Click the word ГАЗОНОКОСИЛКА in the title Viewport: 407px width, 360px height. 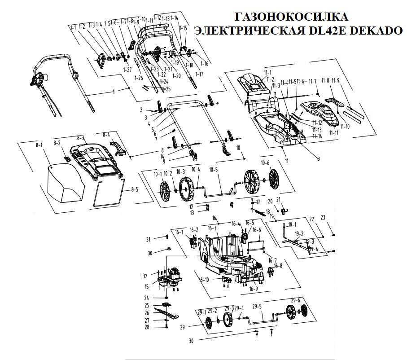(x=291, y=17)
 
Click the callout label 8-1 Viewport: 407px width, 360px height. (x=39, y=145)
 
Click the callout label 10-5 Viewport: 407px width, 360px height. (x=213, y=170)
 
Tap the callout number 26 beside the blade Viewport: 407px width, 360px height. (x=146, y=313)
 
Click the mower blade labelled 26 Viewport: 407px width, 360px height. (x=168, y=311)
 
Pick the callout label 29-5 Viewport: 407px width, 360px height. (x=258, y=307)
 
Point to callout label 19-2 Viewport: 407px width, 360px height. (x=299, y=233)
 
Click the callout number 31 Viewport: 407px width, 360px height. (x=149, y=239)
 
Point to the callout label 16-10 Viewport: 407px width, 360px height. (x=204, y=280)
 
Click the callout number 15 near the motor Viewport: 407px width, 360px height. (x=147, y=286)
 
